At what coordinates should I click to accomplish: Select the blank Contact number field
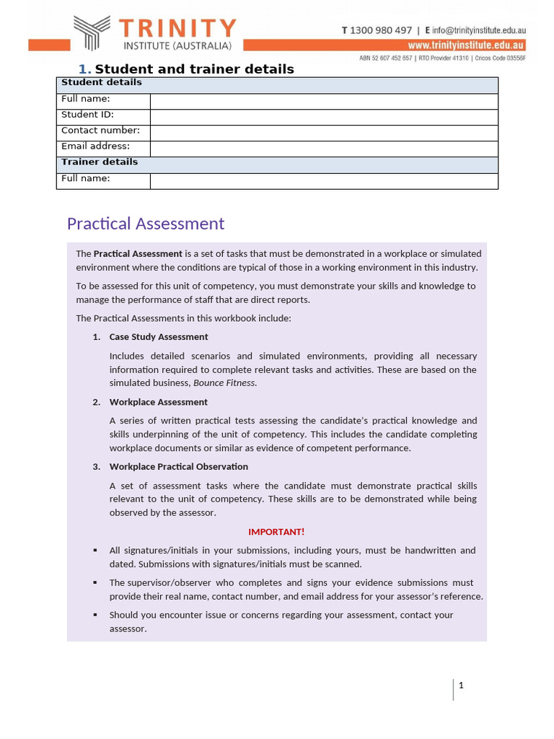point(323,133)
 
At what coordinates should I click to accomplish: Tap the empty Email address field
point(323,149)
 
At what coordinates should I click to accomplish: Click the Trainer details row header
point(100,162)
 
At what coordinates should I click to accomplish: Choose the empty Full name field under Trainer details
point(323,180)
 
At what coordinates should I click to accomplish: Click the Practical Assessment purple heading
point(145,224)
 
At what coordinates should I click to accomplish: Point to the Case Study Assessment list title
point(158,337)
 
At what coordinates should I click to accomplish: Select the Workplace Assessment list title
point(158,402)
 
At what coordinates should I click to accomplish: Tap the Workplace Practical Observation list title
point(178,467)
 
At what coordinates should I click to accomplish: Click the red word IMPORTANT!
point(276,532)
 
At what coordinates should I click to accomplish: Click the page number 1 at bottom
point(461,686)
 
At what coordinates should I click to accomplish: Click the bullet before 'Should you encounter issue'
point(95,615)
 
